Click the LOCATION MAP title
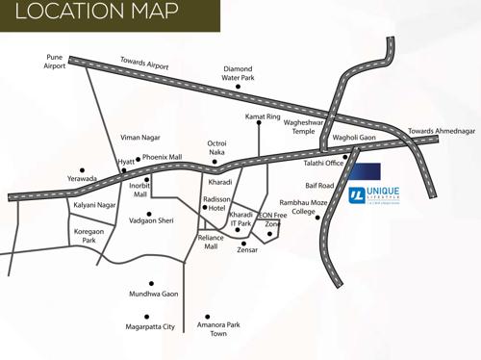pos(96,13)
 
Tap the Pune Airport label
pos(55,62)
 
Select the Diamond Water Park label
pos(239,74)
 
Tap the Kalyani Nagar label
pos(94,205)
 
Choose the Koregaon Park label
pos(89,235)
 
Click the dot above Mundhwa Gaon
pos(151,284)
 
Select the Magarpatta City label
pos(148,327)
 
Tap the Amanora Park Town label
pos(218,330)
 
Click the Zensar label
pos(248,249)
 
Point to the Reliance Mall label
pos(211,242)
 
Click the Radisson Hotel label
pos(216,203)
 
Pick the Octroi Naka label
pos(217,147)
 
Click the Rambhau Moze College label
pos(303,207)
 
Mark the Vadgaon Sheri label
pos(152,220)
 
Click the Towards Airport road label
pos(144,64)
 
